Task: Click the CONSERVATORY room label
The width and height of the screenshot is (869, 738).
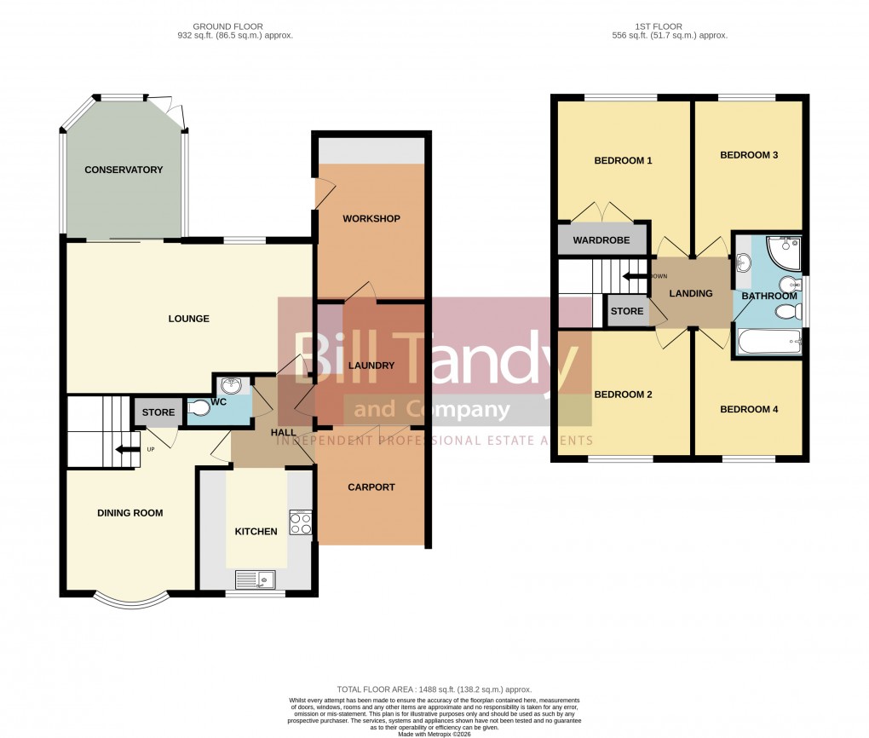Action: (x=124, y=170)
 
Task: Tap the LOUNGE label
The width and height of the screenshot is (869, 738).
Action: (x=188, y=319)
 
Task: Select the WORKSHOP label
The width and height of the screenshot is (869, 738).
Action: (x=371, y=219)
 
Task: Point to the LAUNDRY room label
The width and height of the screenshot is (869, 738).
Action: (x=371, y=366)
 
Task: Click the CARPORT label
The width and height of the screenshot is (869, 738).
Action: (x=371, y=487)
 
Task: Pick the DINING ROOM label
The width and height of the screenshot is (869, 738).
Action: (x=129, y=513)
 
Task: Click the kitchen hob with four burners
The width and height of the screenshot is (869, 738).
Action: (x=301, y=522)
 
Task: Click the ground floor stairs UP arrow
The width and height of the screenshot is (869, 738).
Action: (x=126, y=451)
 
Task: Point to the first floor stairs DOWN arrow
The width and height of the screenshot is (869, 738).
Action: (x=635, y=276)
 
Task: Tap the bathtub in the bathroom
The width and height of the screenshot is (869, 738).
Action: (x=770, y=343)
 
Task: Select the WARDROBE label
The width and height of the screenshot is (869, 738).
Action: (x=601, y=240)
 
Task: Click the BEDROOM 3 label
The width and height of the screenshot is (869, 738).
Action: (x=749, y=155)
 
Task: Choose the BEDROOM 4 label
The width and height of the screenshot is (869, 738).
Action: (x=749, y=409)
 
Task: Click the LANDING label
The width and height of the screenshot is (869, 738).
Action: (x=690, y=293)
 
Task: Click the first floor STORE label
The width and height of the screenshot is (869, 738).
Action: (x=627, y=311)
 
